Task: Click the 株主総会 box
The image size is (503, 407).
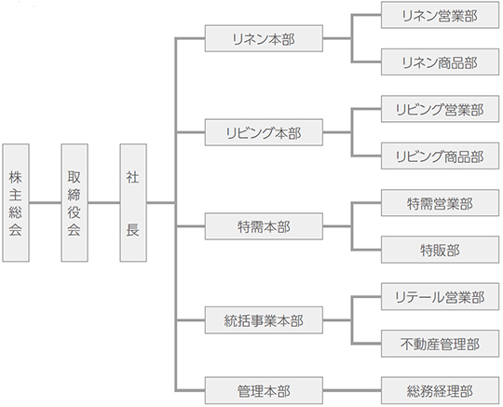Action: [x=16, y=203]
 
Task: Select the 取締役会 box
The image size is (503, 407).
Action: [x=75, y=203]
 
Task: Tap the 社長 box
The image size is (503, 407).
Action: [x=133, y=203]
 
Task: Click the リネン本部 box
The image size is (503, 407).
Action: [x=264, y=38]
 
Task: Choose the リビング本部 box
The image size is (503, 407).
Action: [x=264, y=132]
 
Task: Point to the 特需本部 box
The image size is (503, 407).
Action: [x=264, y=226]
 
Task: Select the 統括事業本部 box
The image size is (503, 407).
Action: [x=264, y=320]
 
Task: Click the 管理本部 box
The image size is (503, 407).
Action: [x=264, y=390]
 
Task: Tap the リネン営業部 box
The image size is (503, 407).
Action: [x=440, y=15]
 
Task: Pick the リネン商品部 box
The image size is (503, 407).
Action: [x=440, y=61]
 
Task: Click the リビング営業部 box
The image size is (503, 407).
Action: [x=440, y=109]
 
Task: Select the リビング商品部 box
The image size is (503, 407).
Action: [x=440, y=156]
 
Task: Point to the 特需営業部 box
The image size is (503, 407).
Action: [x=440, y=203]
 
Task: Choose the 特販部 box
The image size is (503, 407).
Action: [x=440, y=250]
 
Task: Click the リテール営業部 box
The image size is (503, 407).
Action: [x=440, y=297]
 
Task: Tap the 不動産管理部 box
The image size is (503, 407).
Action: [x=440, y=344]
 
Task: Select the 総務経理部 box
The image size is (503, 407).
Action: [x=440, y=390]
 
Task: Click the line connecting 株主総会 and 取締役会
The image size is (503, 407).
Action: [x=46, y=203]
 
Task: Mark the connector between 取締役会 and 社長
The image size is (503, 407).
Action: [x=104, y=203]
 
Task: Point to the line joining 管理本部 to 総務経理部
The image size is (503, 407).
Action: [x=352, y=390]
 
